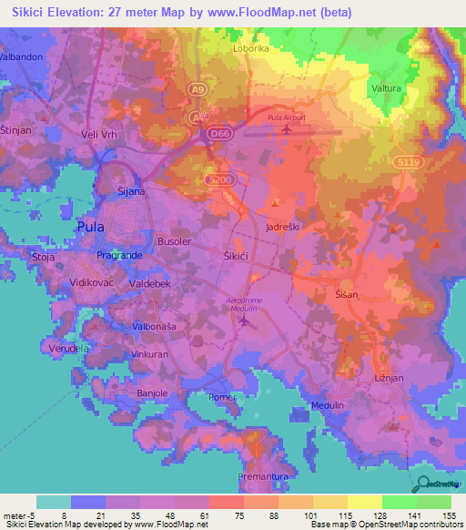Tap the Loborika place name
click(x=251, y=49)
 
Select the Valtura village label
click(x=388, y=87)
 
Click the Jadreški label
click(x=282, y=225)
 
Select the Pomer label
click(x=222, y=397)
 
